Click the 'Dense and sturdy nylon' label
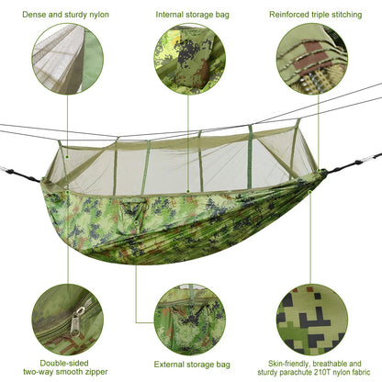point(66,15)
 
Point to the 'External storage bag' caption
point(190,365)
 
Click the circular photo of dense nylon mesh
point(66,60)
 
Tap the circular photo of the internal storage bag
point(190,60)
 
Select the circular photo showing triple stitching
point(312,60)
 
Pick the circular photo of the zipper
point(66,320)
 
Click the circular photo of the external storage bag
point(190,320)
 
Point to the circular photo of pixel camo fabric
point(312,320)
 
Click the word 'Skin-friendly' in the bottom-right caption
point(282,364)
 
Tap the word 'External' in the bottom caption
point(170,365)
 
